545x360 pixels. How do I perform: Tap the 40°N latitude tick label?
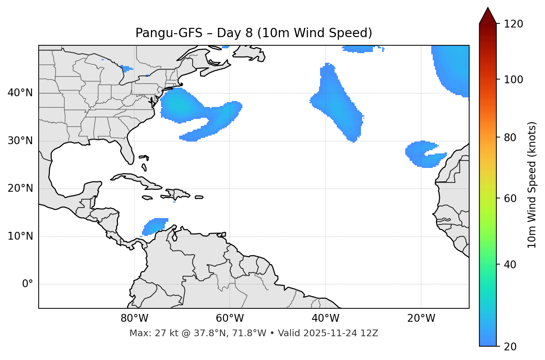pyautogui.click(x=20, y=93)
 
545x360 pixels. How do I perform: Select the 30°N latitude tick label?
pyautogui.click(x=20, y=141)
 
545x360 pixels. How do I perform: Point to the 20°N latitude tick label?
pyautogui.click(x=20, y=188)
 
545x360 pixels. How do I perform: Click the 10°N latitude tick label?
pyautogui.click(x=20, y=236)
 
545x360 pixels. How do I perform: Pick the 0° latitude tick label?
pyautogui.click(x=28, y=284)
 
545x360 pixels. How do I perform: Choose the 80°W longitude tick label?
pyautogui.click(x=134, y=318)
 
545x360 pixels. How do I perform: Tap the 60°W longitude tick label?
pyautogui.click(x=230, y=318)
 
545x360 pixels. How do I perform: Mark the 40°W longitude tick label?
pyautogui.click(x=325, y=318)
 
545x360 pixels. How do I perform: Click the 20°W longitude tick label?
pyautogui.click(x=421, y=318)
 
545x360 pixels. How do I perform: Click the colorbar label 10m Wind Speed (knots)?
pyautogui.click(x=532, y=185)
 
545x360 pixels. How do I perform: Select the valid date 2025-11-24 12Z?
pyautogui.click(x=341, y=333)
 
